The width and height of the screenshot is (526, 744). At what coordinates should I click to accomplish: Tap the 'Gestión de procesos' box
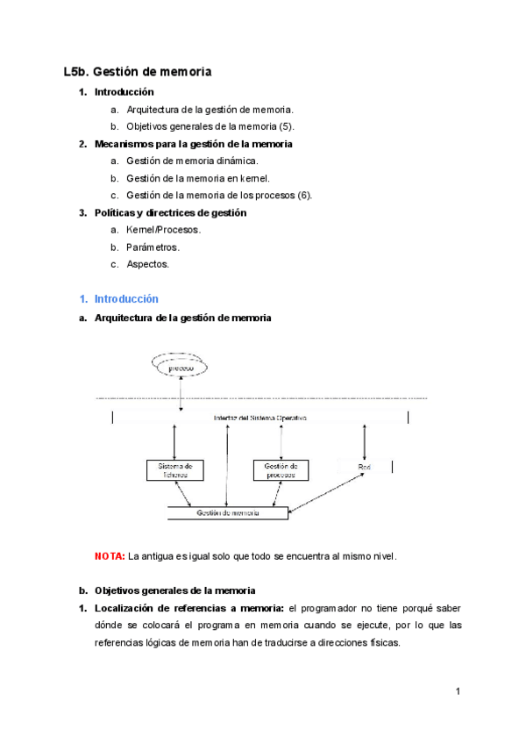pos(281,470)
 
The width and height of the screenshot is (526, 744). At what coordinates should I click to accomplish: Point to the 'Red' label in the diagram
pos(365,467)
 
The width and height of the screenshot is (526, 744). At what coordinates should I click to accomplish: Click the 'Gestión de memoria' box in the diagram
pos(228,512)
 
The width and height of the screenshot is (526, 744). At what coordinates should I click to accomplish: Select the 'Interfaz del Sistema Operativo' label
pos(260,418)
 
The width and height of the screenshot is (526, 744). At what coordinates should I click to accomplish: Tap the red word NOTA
pos(110,556)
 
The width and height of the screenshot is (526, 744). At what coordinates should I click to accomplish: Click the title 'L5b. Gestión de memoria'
pos(138,72)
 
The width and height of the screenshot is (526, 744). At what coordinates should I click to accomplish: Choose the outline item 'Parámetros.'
pos(153,247)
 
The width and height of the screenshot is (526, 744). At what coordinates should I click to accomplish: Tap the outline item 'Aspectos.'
pos(148,264)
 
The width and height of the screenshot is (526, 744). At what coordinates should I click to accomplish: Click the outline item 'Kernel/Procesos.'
pos(164,230)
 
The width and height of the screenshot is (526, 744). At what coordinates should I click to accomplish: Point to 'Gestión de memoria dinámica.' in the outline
pos(192,161)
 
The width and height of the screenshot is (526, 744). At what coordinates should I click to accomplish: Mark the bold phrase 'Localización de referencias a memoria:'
pos(188,608)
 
